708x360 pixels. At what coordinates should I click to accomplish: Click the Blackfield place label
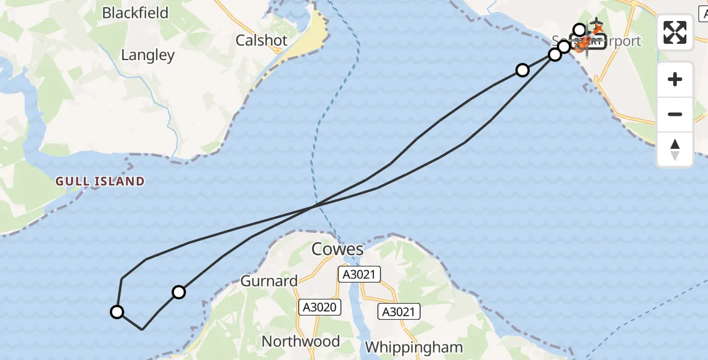tap(135, 13)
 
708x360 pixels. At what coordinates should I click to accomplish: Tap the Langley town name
tap(148, 55)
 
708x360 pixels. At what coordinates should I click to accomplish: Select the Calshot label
tap(262, 40)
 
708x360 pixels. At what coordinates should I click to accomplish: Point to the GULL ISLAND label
tap(100, 181)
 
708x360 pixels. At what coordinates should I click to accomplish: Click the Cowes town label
tap(338, 249)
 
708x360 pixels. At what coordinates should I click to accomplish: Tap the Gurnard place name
tap(269, 281)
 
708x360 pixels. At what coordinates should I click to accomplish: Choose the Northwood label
tap(301, 341)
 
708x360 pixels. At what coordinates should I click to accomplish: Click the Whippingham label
tap(414, 347)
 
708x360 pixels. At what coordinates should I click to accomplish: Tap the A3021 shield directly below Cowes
tap(359, 274)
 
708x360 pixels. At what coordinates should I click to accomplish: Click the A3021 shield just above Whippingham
tap(399, 311)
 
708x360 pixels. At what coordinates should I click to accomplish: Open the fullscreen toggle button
tap(675, 32)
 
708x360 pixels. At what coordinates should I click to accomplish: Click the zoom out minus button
tap(675, 114)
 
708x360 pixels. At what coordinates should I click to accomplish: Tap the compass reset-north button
tap(675, 149)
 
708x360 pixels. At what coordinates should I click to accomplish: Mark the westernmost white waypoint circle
tap(117, 312)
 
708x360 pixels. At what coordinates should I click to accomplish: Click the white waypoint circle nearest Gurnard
tap(179, 292)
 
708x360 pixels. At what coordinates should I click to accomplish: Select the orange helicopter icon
tap(580, 46)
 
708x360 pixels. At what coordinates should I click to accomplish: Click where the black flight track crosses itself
tap(313, 207)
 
